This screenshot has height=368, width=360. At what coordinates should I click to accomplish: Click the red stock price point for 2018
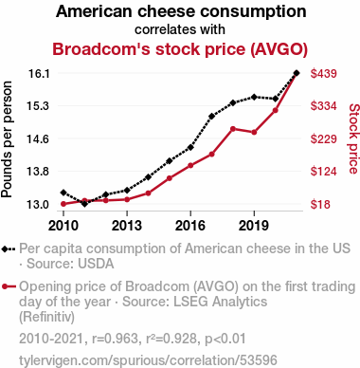[233, 129]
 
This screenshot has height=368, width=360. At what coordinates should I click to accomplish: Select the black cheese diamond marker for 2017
[211, 117]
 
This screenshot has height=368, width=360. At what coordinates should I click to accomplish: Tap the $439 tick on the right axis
[324, 74]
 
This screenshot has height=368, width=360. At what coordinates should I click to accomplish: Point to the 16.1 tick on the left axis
[39, 74]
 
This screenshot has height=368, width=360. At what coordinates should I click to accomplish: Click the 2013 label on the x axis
[127, 226]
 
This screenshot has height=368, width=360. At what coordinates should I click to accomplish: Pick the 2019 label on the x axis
[254, 226]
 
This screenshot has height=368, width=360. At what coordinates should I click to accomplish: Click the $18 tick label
[320, 204]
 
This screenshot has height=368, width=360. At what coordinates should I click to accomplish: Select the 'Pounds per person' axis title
[7, 139]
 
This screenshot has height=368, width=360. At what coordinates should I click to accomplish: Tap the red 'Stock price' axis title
[354, 138]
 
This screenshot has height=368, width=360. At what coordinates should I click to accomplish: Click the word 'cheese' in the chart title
[167, 11]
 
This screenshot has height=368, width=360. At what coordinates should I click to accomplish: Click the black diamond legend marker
[5, 249]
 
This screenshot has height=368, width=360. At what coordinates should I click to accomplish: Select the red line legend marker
[9, 286]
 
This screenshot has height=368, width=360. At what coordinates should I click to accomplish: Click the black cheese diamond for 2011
[84, 204]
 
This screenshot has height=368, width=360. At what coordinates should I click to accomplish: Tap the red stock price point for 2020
[276, 110]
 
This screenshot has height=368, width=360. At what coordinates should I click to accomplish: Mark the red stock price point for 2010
[63, 204]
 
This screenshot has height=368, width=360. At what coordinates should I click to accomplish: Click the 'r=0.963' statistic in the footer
[115, 339]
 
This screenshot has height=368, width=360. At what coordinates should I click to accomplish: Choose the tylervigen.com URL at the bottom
[148, 360]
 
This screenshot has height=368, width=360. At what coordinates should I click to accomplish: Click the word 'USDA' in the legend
[96, 264]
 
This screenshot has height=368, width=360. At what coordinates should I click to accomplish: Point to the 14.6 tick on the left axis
[39, 138]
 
